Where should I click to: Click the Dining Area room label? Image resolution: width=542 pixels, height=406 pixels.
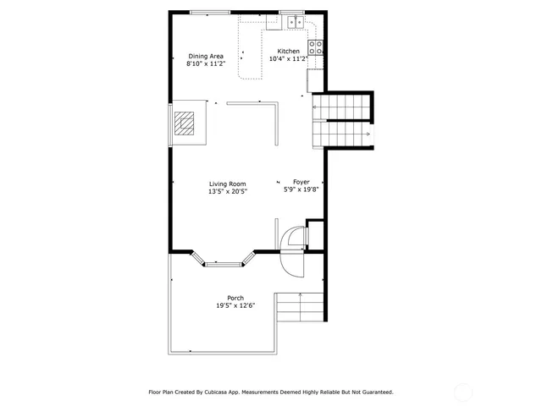(206, 56)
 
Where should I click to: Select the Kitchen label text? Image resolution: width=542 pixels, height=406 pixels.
(289, 51)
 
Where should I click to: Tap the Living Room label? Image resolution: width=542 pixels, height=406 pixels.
(228, 184)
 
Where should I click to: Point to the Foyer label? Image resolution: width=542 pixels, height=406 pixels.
(301, 182)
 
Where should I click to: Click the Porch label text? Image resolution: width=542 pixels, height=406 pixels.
(235, 298)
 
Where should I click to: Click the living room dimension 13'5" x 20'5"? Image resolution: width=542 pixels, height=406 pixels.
(228, 191)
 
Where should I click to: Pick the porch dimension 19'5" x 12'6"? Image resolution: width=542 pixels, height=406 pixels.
(235, 305)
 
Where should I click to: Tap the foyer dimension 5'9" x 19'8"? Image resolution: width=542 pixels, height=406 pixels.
(301, 190)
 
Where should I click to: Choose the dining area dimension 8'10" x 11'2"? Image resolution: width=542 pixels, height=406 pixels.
(206, 63)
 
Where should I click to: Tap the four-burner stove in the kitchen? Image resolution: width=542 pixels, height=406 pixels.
(316, 47)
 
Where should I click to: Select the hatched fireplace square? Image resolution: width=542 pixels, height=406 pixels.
(185, 124)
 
